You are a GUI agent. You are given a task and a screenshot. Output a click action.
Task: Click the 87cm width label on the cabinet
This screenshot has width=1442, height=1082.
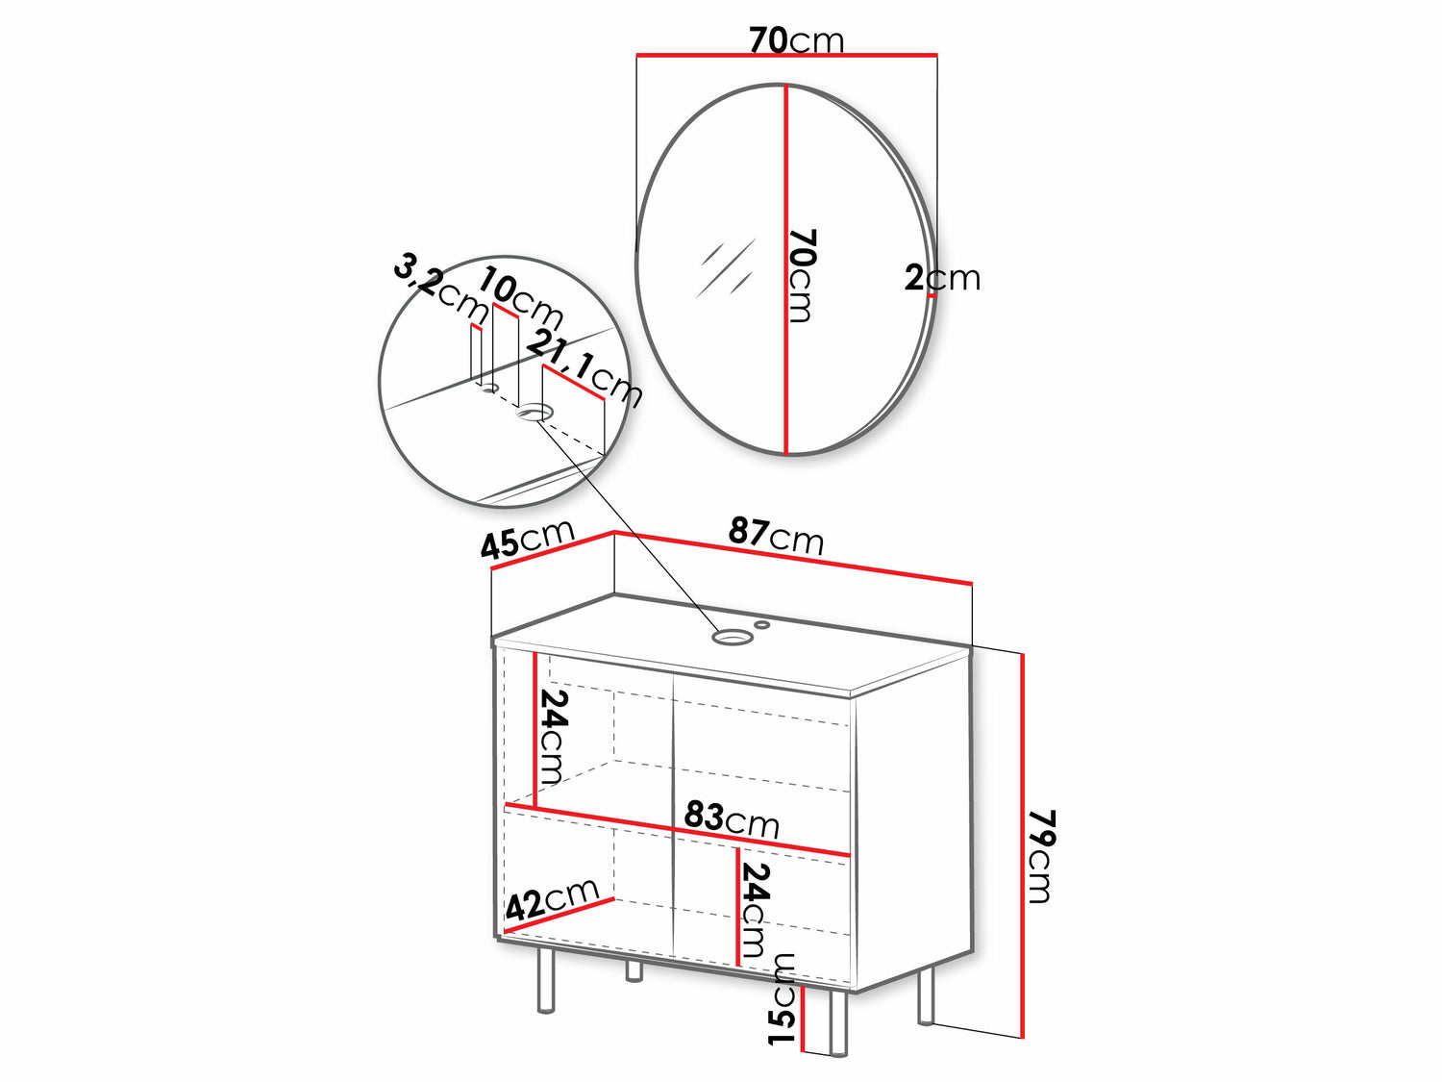[775, 536]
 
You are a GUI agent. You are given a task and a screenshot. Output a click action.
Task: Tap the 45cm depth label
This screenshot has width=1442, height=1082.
[528, 539]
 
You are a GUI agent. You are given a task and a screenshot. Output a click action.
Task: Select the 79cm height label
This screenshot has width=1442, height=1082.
[1039, 856]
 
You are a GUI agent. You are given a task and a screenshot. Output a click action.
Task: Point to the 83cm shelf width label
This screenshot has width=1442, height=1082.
[732, 819]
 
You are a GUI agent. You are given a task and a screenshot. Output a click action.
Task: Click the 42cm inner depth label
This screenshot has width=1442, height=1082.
[552, 898]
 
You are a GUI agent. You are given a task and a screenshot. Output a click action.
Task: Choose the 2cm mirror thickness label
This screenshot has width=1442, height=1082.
[942, 279]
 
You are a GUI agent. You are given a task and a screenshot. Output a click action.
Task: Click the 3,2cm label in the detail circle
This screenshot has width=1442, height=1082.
[440, 291]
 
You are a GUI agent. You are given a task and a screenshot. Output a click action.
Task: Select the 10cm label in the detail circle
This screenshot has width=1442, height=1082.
[520, 299]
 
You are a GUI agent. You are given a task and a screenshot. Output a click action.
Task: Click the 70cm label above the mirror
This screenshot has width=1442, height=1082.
[796, 40]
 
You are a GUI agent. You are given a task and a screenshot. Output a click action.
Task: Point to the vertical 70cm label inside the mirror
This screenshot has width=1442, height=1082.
[802, 275]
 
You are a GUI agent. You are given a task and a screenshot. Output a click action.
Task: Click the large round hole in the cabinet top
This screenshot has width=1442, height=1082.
[731, 637]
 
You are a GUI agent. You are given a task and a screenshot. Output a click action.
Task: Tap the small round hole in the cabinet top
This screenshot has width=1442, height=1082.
[762, 623]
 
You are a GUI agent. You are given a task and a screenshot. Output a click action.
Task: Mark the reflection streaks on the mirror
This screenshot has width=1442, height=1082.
[725, 268]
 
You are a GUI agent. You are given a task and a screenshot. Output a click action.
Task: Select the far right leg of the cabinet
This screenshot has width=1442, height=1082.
[925, 1004]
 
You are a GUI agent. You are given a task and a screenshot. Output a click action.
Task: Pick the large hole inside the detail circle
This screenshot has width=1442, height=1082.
[534, 414]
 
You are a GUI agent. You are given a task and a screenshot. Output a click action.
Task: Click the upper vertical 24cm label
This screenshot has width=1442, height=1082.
[553, 737]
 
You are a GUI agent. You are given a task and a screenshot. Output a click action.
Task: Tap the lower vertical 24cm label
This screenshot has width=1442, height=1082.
[755, 910]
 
